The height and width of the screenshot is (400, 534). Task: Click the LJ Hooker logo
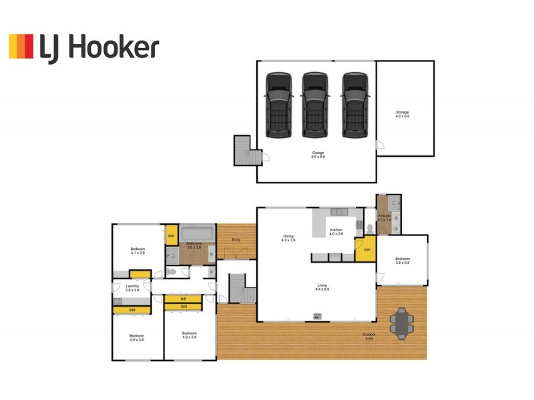tap(83, 48)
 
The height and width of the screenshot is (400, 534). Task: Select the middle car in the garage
tap(315, 105)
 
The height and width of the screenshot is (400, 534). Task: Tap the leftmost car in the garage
tap(278, 105)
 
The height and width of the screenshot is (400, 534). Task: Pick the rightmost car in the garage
tap(354, 105)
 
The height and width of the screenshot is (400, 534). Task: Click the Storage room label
tap(402, 114)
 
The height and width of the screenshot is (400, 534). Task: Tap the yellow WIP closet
tap(366, 250)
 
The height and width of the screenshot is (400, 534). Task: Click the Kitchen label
tap(336, 231)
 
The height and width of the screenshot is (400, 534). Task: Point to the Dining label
tap(288, 237)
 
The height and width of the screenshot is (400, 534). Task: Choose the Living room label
tap(323, 287)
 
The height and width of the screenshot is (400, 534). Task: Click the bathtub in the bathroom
tap(196, 234)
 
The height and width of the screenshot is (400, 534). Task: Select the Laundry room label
tap(132, 287)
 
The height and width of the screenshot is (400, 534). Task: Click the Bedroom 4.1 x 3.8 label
tap(138, 251)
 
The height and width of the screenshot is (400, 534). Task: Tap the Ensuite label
tap(384, 217)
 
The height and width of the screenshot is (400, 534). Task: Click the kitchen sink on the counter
tap(339, 212)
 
